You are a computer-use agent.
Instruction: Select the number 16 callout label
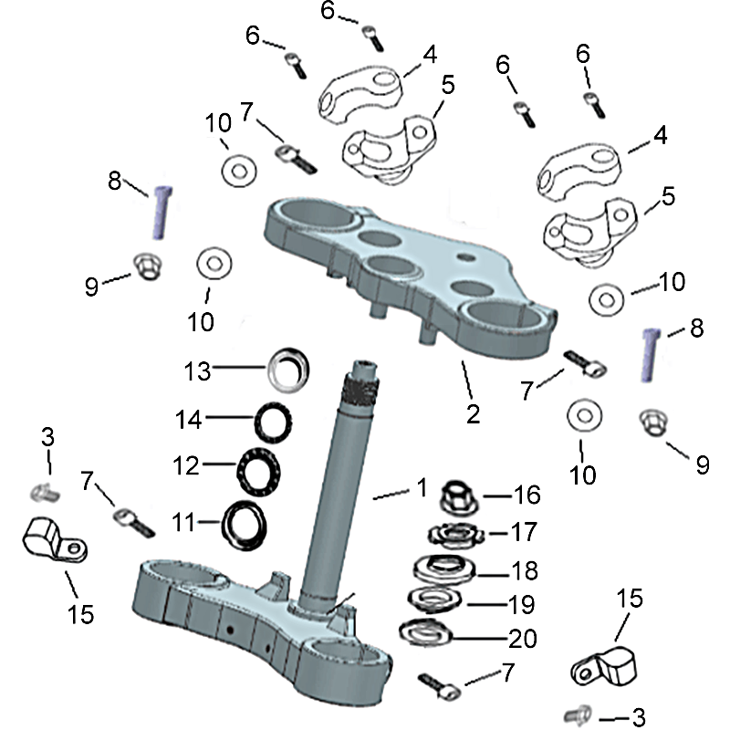click(x=527, y=495)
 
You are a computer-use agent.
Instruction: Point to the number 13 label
click(x=197, y=370)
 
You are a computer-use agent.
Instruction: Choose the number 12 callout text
click(x=186, y=465)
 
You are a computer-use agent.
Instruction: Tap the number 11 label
click(x=185, y=523)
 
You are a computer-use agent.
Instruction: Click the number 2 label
click(x=472, y=413)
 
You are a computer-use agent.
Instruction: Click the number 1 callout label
click(x=421, y=487)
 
